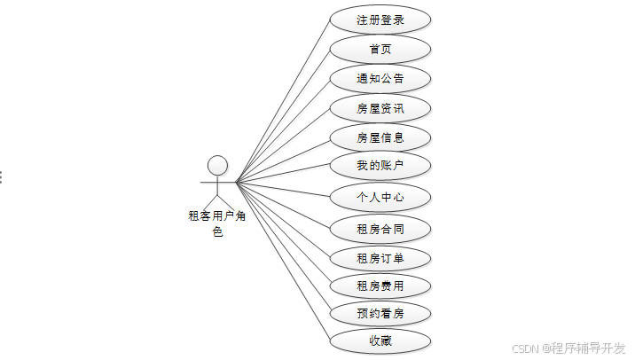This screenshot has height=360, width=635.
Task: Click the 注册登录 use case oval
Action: pyautogui.click(x=380, y=20)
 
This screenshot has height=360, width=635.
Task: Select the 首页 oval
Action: pyautogui.click(x=380, y=49)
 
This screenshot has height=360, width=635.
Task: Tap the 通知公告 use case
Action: pyautogui.click(x=380, y=78)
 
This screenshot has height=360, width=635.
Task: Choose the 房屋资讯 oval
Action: pyautogui.click(x=380, y=108)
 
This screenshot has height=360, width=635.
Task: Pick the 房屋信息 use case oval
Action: pyautogui.click(x=380, y=137)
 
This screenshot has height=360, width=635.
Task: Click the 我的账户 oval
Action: pyautogui.click(x=380, y=165)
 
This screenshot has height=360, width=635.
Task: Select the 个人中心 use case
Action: pyautogui.click(x=380, y=197)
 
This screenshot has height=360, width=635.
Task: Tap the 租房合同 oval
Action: pyautogui.click(x=380, y=229)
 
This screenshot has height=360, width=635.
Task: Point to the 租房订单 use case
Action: pyautogui.click(x=380, y=258)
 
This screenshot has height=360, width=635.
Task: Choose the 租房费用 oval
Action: pyautogui.click(x=380, y=286)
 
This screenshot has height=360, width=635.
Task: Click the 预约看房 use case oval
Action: pyautogui.click(x=380, y=313)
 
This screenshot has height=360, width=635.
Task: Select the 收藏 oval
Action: pyautogui.click(x=380, y=340)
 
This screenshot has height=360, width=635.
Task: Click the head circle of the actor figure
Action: pyautogui.click(x=217, y=165)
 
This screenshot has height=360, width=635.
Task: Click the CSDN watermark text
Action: pyautogui.click(x=568, y=348)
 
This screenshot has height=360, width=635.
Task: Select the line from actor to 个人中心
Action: pyautogui.click(x=283, y=189)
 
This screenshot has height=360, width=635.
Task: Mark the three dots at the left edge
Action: pyautogui.click(x=1, y=176)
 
